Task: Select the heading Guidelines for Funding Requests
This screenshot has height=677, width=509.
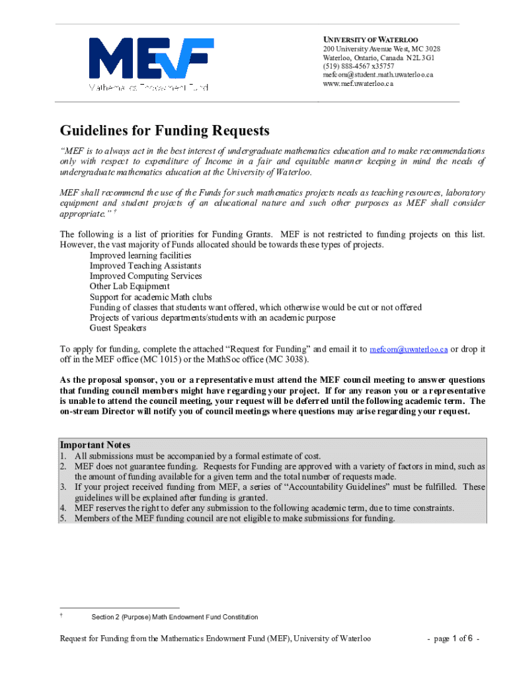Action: pos(165,130)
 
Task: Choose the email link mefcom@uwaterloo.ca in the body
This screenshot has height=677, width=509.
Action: pos(409,349)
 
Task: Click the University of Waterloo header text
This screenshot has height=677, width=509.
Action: pos(370,40)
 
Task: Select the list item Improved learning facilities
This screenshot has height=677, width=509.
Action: pos(140,255)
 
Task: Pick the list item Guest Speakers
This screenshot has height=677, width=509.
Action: pos(118,328)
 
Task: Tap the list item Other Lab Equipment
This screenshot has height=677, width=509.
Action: pos(130,286)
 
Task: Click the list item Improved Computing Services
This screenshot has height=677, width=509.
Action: pos(145,276)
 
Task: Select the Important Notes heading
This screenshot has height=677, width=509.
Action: pos(95,445)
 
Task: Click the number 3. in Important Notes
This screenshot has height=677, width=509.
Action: pos(63,487)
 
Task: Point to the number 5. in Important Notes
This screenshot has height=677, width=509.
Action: pos(63,518)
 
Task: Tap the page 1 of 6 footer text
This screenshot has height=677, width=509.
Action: pos(453,639)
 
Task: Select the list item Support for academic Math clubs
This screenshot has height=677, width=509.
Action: pos(151,297)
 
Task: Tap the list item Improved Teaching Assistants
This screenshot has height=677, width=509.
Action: pos(145,266)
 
